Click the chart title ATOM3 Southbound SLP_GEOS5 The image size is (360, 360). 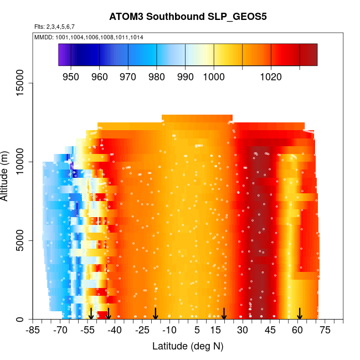coord(188,16)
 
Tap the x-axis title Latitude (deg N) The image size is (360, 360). coord(188,346)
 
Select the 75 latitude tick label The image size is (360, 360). coord(325,331)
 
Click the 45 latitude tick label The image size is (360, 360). coord(270,331)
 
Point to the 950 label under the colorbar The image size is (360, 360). coord(71,77)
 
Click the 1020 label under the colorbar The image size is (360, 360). coord(271,77)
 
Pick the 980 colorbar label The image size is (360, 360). coord(157,77)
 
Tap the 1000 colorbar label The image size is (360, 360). coord(214,77)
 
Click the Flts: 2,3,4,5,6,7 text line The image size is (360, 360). coord(54,27)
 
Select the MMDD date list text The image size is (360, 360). coord(89,37)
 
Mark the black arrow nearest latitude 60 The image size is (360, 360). coord(300,313)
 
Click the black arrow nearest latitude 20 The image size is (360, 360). coord(224,313)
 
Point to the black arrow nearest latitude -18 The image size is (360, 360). coord(156,313)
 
